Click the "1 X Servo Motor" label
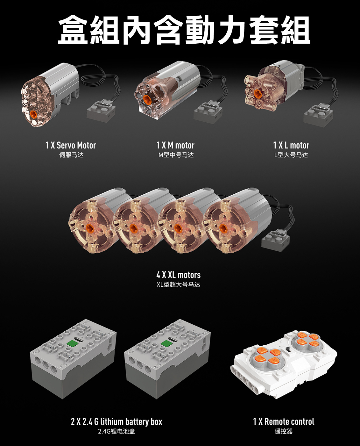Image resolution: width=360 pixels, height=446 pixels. click(x=71, y=145)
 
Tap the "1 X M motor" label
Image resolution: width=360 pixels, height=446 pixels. click(x=175, y=145)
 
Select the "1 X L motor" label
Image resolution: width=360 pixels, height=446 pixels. click(x=291, y=145)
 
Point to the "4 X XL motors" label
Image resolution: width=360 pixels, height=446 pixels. click(x=179, y=275)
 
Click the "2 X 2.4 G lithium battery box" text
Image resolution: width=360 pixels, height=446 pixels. click(x=116, y=421)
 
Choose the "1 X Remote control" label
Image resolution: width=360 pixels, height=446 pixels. click(x=284, y=421)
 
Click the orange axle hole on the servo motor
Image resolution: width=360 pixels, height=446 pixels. click(x=33, y=114)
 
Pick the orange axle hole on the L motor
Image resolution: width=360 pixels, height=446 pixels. click(x=257, y=93)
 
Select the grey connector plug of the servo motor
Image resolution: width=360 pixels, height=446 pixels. click(x=101, y=111)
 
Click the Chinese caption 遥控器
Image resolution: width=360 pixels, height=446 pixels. click(x=284, y=431)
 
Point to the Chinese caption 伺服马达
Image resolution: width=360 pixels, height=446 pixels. click(x=71, y=155)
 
